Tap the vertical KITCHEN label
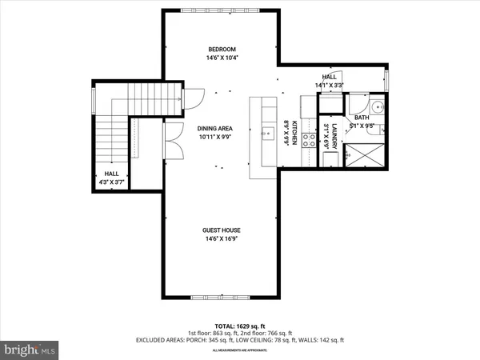pos(294,133)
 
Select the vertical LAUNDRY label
pos(327,135)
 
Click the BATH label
pos(361,117)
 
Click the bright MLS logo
pos(30,349)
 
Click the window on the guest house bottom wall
pos(218,297)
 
